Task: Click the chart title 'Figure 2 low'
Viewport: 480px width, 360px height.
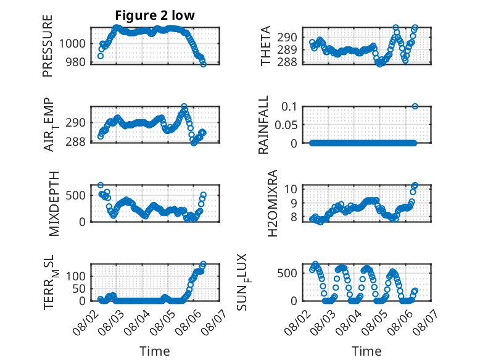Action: click(155, 15)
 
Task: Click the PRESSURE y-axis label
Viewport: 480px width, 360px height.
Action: click(48, 46)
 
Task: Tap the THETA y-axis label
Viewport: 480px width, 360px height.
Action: click(266, 46)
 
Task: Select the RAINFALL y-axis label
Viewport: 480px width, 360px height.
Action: click(263, 125)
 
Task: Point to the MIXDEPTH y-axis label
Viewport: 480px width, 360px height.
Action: click(54, 204)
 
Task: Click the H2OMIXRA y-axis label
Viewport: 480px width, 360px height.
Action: click(272, 203)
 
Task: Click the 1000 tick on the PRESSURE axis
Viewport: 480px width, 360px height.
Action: click(72, 43)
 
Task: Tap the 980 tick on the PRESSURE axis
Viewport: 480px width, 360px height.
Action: click(76, 62)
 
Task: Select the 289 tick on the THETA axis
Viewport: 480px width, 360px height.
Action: click(287, 49)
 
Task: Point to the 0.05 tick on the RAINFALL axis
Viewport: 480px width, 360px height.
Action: click(286, 125)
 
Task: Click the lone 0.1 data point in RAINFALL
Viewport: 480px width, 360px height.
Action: click(415, 106)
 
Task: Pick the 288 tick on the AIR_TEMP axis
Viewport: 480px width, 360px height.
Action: click(76, 141)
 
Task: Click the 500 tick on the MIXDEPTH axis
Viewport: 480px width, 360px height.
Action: click(76, 195)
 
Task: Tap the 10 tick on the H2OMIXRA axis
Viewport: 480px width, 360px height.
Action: click(291, 189)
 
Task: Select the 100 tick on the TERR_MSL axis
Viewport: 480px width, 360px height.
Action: click(76, 276)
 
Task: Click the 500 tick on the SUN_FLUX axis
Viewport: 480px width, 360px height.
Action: click(287, 273)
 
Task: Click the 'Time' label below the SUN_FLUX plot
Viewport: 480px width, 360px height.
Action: click(366, 351)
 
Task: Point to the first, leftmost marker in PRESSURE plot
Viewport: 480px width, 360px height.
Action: click(100, 56)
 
